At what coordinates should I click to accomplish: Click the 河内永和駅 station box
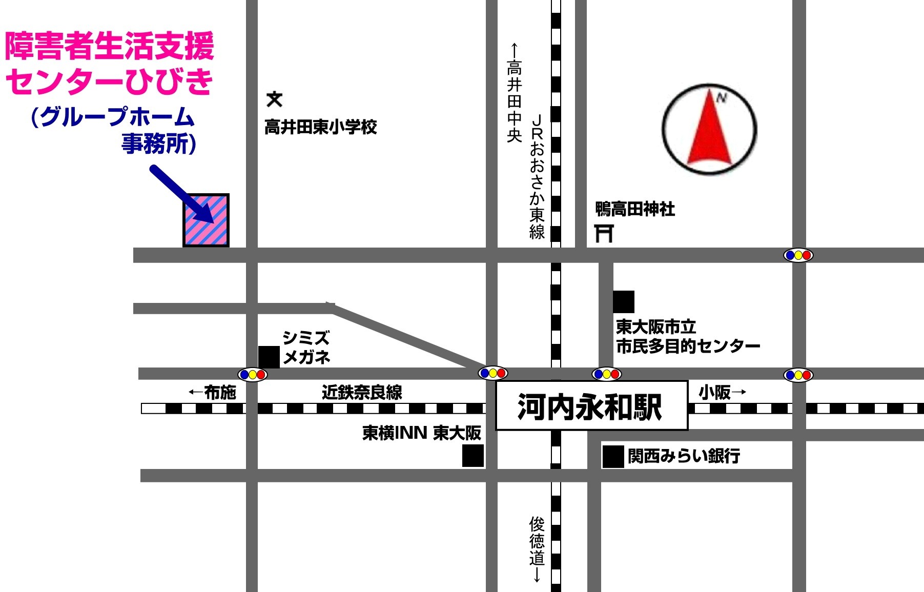tap(591, 406)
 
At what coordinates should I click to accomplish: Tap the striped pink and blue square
tap(206, 220)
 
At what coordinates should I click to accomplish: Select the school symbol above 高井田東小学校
tap(275, 99)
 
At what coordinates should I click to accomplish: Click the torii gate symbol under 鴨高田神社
tap(604, 233)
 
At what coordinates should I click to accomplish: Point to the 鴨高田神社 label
tap(635, 209)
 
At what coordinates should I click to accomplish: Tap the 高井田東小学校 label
tap(321, 127)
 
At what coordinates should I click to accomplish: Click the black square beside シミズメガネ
tap(269, 357)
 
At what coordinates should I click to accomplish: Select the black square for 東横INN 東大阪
tap(473, 456)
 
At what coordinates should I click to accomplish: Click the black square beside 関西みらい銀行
tap(612, 457)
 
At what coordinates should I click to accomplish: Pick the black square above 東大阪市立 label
tap(623, 301)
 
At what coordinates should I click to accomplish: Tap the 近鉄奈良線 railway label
tap(362, 393)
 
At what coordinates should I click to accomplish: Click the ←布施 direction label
tap(213, 393)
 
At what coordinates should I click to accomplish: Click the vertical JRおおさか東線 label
tap(537, 177)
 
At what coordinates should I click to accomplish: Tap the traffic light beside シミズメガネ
tap(252, 375)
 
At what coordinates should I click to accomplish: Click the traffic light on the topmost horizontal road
tap(798, 255)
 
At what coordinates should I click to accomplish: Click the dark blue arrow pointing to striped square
tap(182, 194)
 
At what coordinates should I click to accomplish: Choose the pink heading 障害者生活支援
tap(109, 46)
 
